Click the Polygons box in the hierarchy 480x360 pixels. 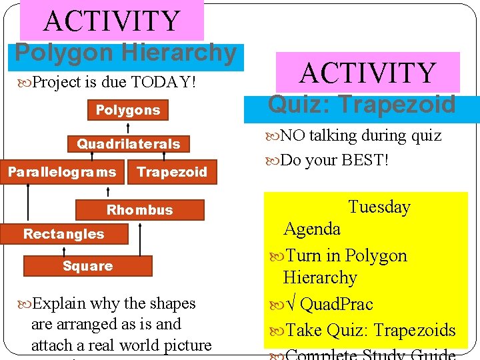click(128, 110)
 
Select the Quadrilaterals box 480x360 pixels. click(128, 144)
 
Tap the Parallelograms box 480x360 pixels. click(61, 172)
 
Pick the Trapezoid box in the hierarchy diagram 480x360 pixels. click(172, 172)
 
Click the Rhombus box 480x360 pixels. click(140, 210)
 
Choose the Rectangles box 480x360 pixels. click(64, 234)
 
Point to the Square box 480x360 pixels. click(87, 266)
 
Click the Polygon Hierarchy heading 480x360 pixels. click(126, 53)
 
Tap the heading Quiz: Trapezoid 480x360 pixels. click(362, 104)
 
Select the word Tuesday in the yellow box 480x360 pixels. click(379, 207)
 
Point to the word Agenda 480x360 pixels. click(312, 229)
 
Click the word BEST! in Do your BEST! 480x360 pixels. click(365, 160)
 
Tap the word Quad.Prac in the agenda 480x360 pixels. click(337, 304)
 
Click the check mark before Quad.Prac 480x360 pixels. click(290, 305)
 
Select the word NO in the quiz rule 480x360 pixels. click(291, 135)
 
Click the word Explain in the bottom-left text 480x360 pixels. click(59, 303)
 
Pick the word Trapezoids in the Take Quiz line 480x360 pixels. click(415, 330)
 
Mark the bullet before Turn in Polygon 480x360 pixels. click(276, 256)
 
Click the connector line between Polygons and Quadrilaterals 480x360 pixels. click(129, 128)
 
